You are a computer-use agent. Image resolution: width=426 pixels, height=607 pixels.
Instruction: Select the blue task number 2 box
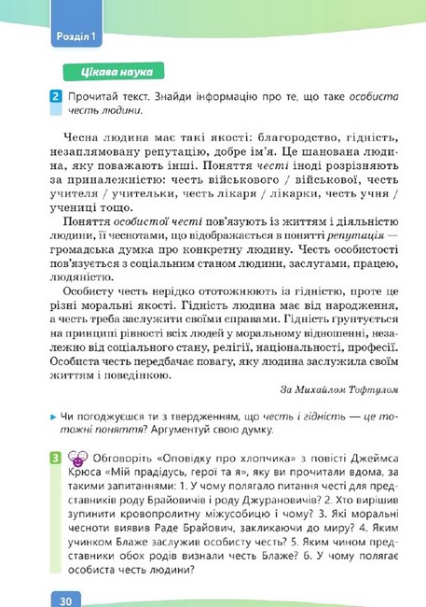click(x=55, y=97)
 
